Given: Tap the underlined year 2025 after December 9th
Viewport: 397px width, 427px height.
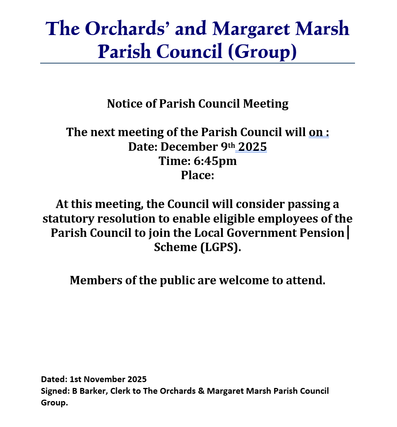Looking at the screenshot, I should pos(252,147).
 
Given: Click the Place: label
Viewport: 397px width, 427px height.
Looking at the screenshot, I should pos(197,175).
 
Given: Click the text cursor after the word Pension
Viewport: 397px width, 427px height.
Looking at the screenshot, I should pos(348,232).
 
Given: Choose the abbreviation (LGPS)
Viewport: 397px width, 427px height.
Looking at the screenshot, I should pos(220,247).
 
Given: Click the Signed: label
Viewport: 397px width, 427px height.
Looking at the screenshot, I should pos(55,391).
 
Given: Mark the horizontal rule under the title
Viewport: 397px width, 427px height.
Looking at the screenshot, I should pos(197,63).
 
